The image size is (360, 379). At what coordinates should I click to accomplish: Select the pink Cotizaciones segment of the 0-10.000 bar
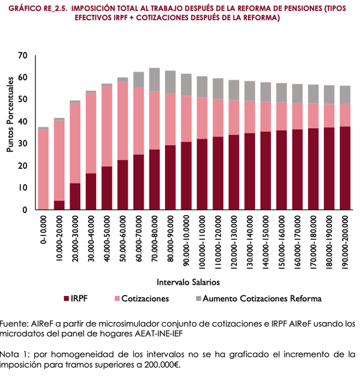tap(43, 169)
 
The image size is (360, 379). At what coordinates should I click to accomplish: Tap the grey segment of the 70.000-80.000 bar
tap(154, 80)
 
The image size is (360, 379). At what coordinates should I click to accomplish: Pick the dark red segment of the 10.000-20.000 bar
tap(59, 205)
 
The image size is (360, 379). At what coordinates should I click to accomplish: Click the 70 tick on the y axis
tap(22, 55)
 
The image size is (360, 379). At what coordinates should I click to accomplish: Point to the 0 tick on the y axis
tap(25, 210)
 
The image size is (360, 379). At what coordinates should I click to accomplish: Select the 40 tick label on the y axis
tap(22, 122)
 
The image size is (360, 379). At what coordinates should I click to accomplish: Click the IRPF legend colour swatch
tap(67, 299)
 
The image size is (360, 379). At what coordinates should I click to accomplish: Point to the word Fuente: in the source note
tap(13, 324)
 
